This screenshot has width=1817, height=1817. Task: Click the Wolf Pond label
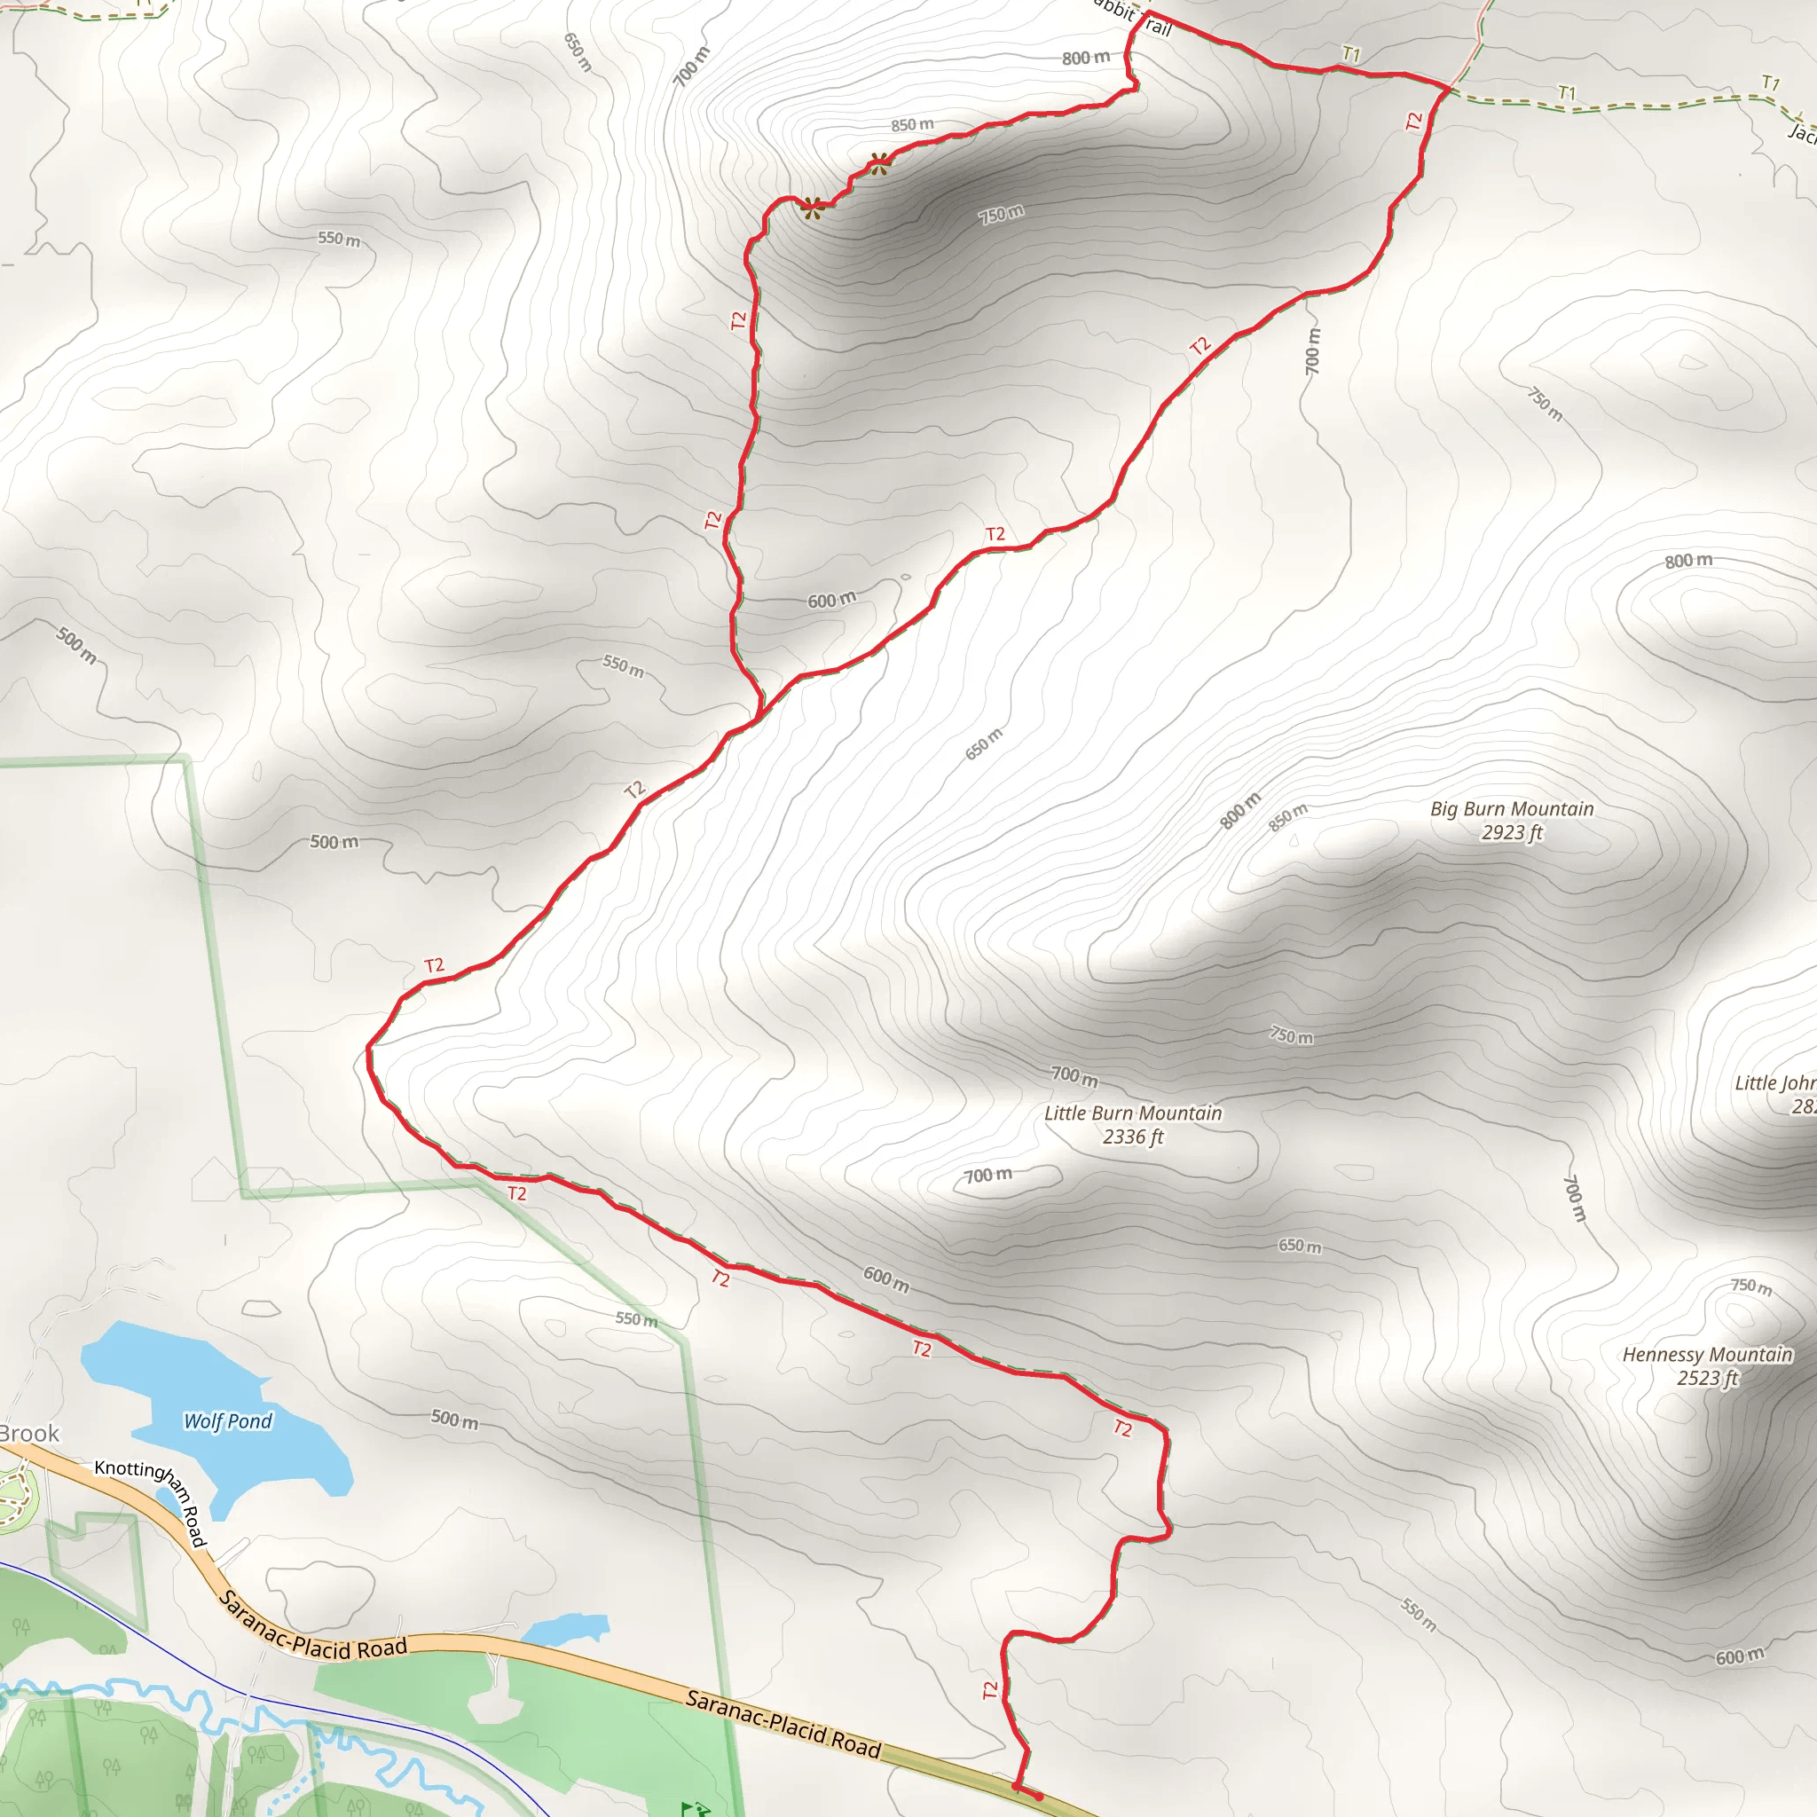click(228, 1421)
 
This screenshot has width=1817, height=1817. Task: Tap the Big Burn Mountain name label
click(1511, 809)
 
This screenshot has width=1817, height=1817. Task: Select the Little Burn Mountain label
click(1132, 1113)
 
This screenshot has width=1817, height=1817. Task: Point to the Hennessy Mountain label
click(1707, 1354)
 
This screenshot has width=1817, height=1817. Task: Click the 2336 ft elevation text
click(1132, 1137)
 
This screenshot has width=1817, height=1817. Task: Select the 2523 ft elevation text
click(1707, 1378)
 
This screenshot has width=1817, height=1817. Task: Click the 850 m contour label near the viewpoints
click(912, 125)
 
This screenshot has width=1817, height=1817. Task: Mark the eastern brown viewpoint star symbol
click(880, 162)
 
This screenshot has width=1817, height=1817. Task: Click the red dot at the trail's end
click(1038, 1797)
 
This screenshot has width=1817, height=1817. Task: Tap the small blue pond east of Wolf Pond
click(564, 1628)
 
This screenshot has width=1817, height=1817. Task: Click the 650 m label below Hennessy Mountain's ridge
click(1299, 1247)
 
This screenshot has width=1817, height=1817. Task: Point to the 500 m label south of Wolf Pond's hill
click(454, 1420)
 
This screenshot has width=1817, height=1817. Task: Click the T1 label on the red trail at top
click(1350, 54)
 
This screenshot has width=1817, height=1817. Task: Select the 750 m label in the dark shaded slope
click(1001, 215)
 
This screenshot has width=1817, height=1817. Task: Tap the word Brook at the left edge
click(29, 1434)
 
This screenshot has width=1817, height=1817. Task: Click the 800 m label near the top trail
click(1085, 59)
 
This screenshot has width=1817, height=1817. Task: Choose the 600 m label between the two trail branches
click(831, 600)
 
